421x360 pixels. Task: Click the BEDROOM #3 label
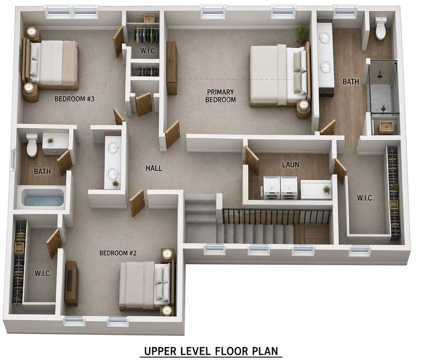(74, 99)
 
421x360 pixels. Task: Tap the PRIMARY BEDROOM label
(221, 96)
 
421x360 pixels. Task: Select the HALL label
(154, 168)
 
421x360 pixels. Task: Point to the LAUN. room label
(291, 165)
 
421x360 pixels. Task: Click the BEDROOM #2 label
(118, 253)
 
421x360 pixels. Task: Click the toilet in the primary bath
(381, 28)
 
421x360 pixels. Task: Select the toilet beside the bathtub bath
(32, 146)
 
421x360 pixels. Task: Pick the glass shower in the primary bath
(382, 88)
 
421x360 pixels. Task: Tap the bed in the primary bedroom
(279, 76)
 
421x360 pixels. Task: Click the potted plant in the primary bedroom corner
(301, 33)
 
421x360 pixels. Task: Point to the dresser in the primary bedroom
(172, 68)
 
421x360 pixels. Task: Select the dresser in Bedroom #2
(72, 283)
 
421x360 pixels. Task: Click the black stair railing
(277, 216)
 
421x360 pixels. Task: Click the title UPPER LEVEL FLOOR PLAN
(211, 351)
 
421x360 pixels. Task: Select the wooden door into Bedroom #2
(137, 203)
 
